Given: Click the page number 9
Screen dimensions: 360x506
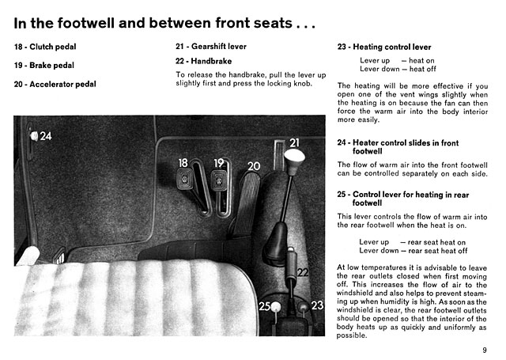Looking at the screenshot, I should point(483,350).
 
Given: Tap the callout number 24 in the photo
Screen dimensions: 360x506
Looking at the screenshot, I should point(46,137).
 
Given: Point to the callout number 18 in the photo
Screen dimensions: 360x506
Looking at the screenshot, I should point(183,162).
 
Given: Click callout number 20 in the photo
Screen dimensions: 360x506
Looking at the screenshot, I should point(253,166).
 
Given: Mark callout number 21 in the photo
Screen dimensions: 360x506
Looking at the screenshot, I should point(294,142).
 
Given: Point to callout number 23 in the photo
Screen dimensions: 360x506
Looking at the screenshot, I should point(318,305).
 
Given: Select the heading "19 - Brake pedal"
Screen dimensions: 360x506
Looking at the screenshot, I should point(44,66).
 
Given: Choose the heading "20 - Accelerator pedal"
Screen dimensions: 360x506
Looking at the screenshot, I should point(55,85).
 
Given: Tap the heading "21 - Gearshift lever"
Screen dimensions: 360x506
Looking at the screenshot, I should point(211,47).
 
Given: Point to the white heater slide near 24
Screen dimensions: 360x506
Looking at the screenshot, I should point(33,136).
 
